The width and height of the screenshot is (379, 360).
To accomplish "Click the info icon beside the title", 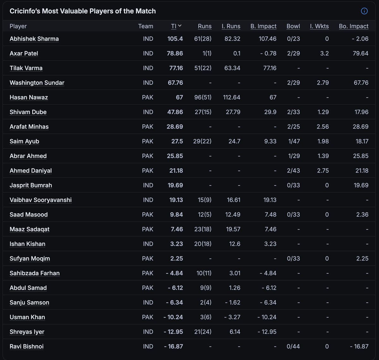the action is tap(364, 11).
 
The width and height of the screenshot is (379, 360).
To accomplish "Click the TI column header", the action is tap(174, 26).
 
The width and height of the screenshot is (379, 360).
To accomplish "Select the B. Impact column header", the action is tap(263, 26).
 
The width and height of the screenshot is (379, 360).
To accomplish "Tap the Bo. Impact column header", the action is tap(353, 26).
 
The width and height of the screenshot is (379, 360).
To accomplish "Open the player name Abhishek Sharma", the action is tap(34, 39).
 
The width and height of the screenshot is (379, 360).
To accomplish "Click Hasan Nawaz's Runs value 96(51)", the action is tap(203, 97).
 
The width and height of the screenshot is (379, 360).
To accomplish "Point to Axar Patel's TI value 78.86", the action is tap(175, 53).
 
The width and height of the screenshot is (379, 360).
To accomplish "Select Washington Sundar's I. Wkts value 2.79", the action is tap(323, 82).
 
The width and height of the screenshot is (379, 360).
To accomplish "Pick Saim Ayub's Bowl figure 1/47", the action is tap(294, 141).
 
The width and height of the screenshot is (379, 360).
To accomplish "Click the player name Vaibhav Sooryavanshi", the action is tap(40, 200).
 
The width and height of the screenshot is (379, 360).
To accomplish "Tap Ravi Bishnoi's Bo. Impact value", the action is tap(359, 346).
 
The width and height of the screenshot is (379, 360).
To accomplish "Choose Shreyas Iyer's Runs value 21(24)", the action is tap(203, 332).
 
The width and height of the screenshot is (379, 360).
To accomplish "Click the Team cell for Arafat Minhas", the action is tap(147, 126).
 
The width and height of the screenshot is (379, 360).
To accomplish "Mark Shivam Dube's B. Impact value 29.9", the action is tap(270, 112).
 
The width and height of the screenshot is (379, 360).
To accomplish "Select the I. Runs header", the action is tap(231, 26).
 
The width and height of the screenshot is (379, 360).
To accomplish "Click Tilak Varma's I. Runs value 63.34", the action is tap(232, 68).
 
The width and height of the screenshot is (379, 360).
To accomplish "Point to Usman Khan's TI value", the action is tap(173, 317).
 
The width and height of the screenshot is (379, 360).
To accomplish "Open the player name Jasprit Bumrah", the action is tap(31, 185).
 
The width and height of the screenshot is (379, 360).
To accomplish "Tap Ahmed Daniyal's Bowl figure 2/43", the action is tap(293, 171).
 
